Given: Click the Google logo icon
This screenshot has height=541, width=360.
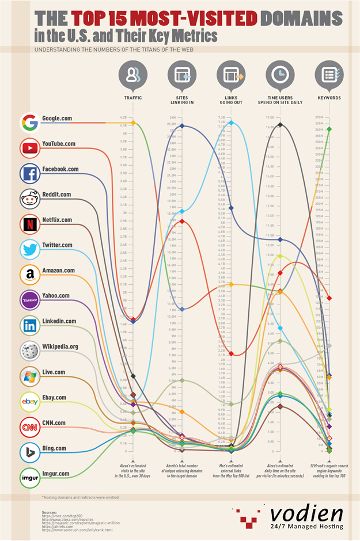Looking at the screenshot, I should pos(29,122).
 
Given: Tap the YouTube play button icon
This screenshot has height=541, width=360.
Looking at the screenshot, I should pos(29,147).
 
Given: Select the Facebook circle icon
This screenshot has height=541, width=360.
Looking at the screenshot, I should pos(29,173).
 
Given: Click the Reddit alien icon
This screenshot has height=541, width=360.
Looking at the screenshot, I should pos(29,199).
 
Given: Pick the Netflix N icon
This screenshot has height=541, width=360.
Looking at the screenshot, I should pos(29,224).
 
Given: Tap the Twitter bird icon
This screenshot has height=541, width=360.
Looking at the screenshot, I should pos(29,249).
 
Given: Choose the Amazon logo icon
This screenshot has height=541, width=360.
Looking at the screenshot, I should pos(29,275).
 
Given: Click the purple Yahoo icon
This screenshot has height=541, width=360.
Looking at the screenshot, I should pos(29,300).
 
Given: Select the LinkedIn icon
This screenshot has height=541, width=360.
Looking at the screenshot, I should pos(29,325).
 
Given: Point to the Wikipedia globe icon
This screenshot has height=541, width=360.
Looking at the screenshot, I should pos(29,350).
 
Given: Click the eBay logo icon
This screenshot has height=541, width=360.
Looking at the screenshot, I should pos(29,402).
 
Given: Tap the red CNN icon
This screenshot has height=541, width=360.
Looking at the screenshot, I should pos(29,427).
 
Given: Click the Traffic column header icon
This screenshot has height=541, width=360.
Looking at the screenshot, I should pos(133,75).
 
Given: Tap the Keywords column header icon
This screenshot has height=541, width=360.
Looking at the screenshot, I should pos(329,75).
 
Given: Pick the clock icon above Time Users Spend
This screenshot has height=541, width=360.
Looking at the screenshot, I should pos(281,75).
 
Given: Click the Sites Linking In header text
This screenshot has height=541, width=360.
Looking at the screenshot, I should pos(182,100).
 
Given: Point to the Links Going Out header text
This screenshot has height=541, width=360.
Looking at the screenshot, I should pos(231,100).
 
